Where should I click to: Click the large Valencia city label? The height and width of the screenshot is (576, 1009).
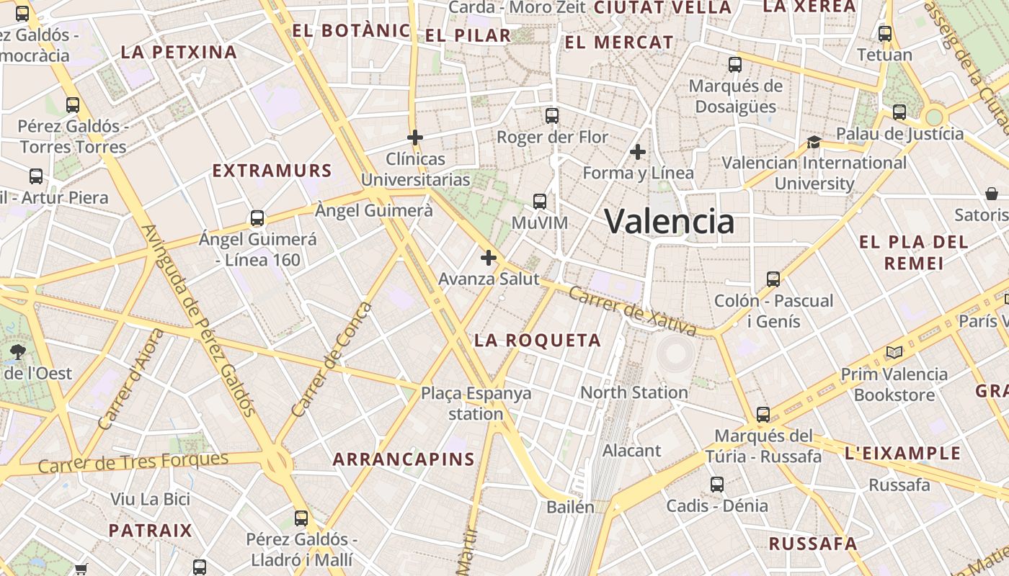tap(669, 221)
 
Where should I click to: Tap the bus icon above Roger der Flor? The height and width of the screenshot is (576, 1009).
tap(552, 115)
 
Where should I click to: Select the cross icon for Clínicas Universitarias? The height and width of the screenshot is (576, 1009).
tap(415, 137)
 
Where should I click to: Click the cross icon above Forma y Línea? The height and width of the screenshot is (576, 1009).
tap(637, 152)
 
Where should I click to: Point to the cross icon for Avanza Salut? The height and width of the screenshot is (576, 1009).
tap(489, 257)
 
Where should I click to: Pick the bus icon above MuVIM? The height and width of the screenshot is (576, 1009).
tap(540, 202)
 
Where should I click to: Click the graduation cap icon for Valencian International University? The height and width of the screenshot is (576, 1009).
tap(814, 142)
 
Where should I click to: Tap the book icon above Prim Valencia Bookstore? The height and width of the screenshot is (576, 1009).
tap(894, 352)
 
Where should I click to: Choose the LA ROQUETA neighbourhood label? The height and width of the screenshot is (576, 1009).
tap(538, 341)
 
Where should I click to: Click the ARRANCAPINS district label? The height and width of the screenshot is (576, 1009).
tap(404, 459)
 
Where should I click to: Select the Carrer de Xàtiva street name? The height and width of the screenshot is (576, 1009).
tap(632, 311)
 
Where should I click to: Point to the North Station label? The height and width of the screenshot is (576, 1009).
tap(634, 392)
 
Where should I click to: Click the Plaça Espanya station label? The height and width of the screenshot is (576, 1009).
tap(476, 403)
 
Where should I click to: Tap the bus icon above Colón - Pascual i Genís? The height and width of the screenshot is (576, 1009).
tap(773, 279)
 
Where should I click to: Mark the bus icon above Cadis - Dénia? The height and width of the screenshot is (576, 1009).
tap(717, 484)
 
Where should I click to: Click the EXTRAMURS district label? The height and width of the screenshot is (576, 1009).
tap(272, 171)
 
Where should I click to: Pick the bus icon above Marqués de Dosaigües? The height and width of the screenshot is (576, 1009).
tap(735, 65)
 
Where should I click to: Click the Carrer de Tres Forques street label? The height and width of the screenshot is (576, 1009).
tap(133, 462)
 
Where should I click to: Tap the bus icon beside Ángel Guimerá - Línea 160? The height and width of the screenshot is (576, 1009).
tap(257, 218)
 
